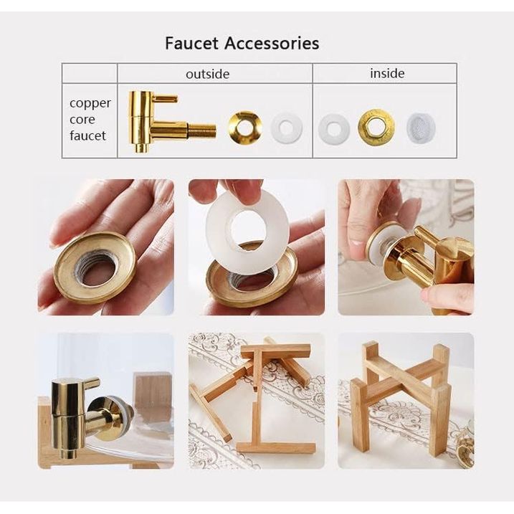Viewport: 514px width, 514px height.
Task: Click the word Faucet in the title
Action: coord(191,43)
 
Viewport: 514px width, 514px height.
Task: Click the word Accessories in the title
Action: coord(272,43)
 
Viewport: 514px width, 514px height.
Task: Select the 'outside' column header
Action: coord(207,74)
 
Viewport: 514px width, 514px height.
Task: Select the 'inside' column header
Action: coord(387,73)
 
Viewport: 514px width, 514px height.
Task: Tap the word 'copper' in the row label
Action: coord(90,103)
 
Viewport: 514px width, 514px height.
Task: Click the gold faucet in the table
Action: coord(171,122)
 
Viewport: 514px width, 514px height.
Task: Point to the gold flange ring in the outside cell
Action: coord(245,128)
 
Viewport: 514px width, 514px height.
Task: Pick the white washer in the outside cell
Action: coord(286,128)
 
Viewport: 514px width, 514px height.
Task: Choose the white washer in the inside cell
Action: coord(334,128)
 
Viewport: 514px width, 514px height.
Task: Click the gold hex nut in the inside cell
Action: coord(376,127)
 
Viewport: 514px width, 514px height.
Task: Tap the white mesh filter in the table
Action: coord(422,128)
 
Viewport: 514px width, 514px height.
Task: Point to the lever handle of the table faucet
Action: coord(165,98)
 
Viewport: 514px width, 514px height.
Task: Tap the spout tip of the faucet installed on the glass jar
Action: coord(69,452)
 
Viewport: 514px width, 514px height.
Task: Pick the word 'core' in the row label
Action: coord(82,120)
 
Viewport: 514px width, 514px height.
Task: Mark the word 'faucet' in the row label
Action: coord(88,135)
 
